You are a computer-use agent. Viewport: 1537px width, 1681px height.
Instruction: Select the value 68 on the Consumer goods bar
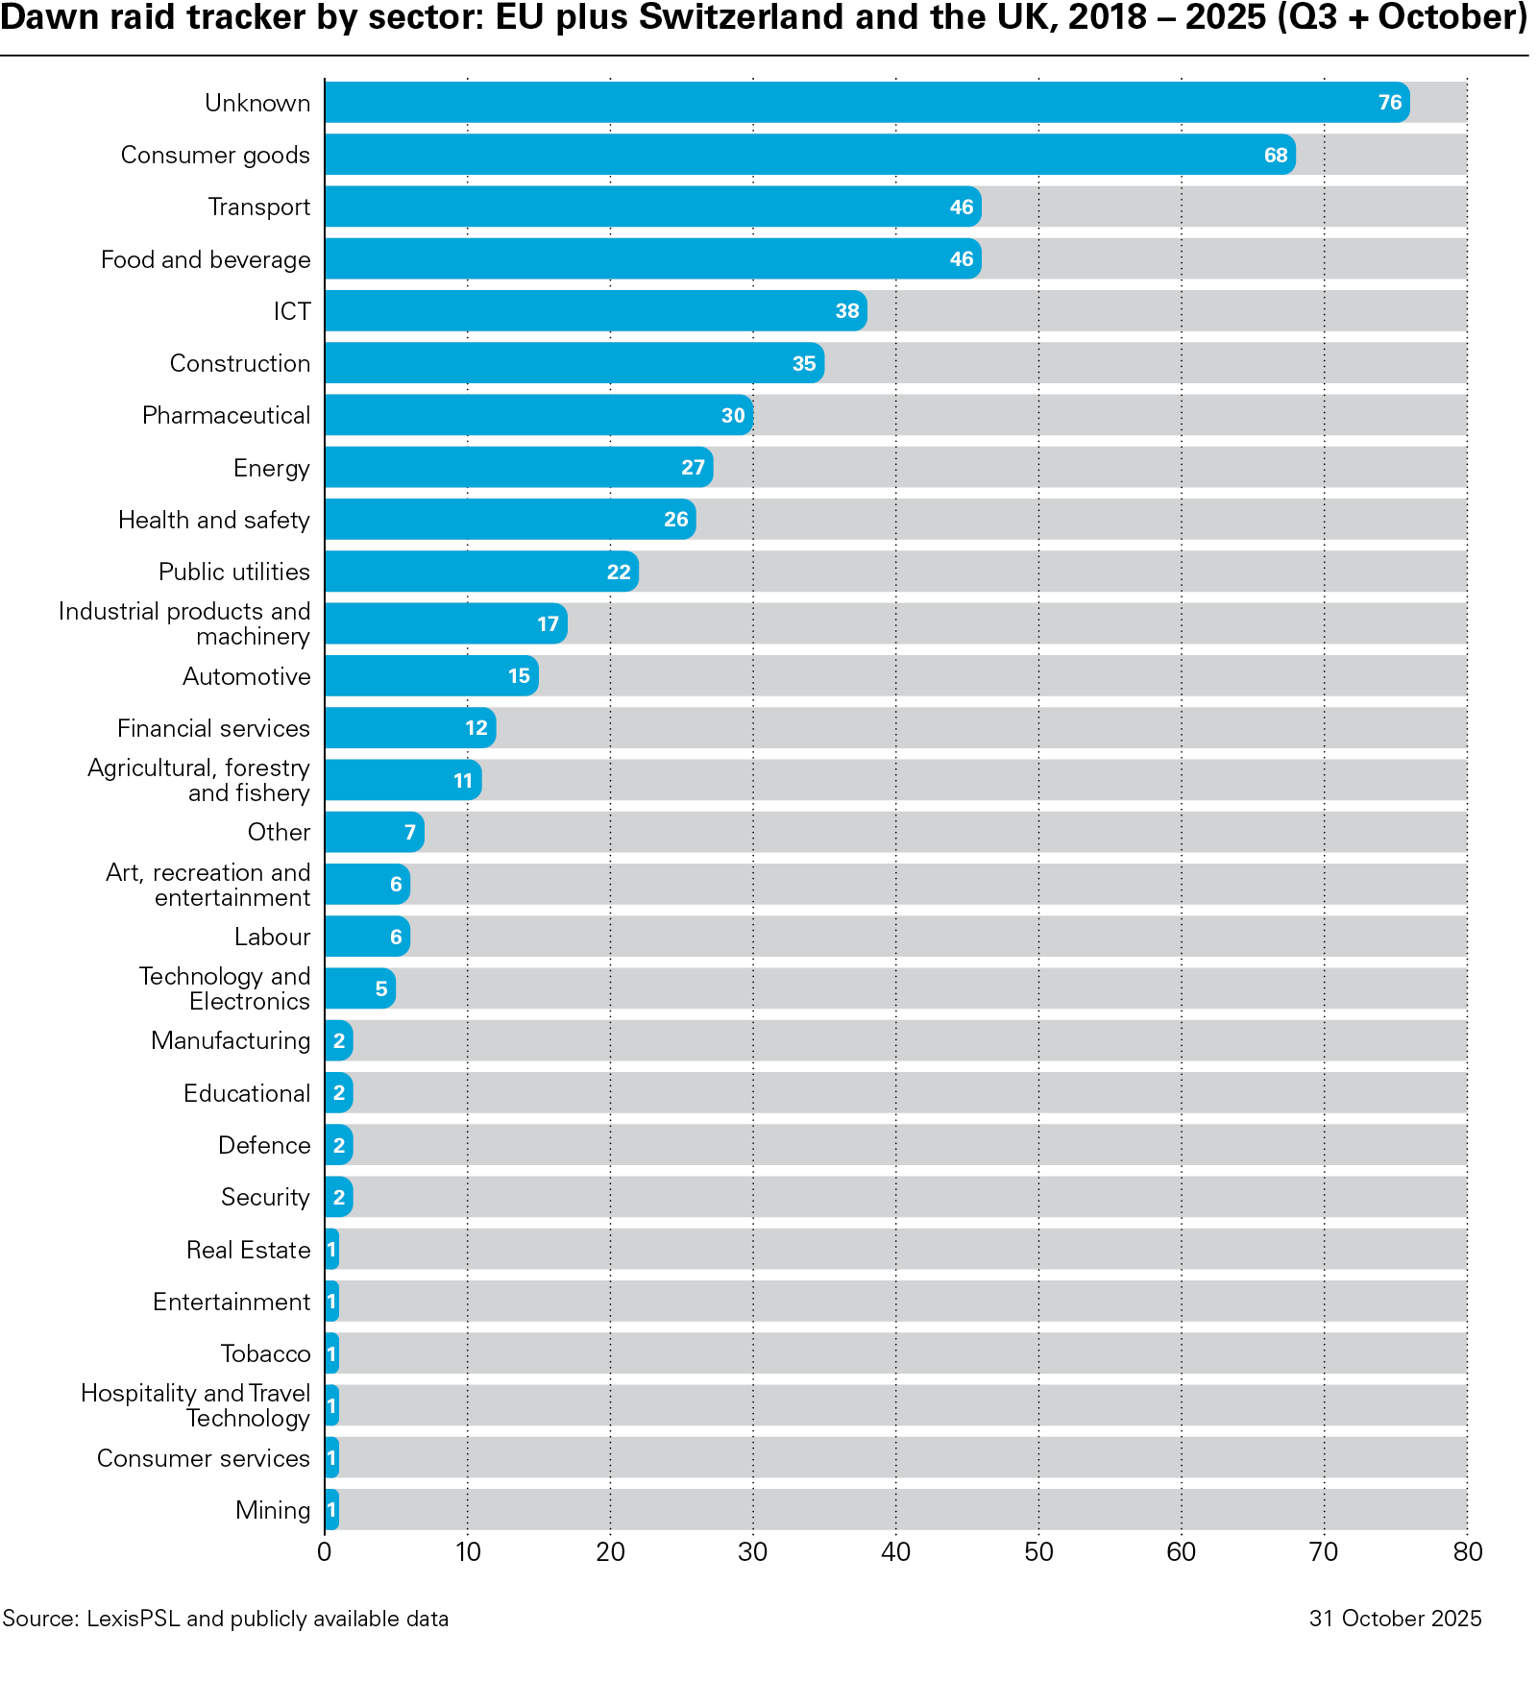point(1275,156)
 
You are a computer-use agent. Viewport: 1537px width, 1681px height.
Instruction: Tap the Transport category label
point(259,207)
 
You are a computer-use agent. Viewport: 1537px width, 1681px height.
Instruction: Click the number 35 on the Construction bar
point(803,364)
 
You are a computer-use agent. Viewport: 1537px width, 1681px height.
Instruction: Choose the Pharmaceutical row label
point(226,416)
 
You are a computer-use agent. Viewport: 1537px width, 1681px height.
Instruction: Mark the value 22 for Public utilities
point(618,573)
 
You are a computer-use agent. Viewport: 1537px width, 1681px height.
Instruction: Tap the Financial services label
point(213,729)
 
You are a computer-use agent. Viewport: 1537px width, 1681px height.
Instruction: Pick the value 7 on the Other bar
point(409,833)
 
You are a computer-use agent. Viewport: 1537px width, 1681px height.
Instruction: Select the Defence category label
point(264,1146)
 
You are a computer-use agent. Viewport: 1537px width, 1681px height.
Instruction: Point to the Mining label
point(273,1511)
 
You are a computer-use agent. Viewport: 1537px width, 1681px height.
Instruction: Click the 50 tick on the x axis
point(1038,1552)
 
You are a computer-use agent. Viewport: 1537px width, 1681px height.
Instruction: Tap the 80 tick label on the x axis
point(1467,1552)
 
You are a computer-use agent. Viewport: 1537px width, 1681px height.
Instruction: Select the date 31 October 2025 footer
point(1394,1620)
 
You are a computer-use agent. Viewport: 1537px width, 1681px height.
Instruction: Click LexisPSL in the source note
point(133,1620)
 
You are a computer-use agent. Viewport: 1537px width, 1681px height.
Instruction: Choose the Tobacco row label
point(265,1354)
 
